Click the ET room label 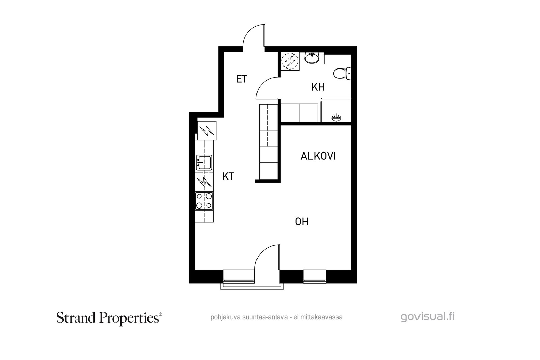[x=242, y=79]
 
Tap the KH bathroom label [x=318, y=87]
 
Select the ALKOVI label [x=318, y=156]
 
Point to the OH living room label [x=302, y=222]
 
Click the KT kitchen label [x=228, y=177]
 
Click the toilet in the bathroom [x=342, y=74]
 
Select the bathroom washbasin [x=312, y=58]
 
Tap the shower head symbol [x=336, y=118]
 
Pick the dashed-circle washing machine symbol [x=290, y=61]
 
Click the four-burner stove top [x=204, y=201]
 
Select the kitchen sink [x=204, y=162]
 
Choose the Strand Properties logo [x=109, y=318]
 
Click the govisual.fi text [x=428, y=316]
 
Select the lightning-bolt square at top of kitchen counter [x=207, y=131]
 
